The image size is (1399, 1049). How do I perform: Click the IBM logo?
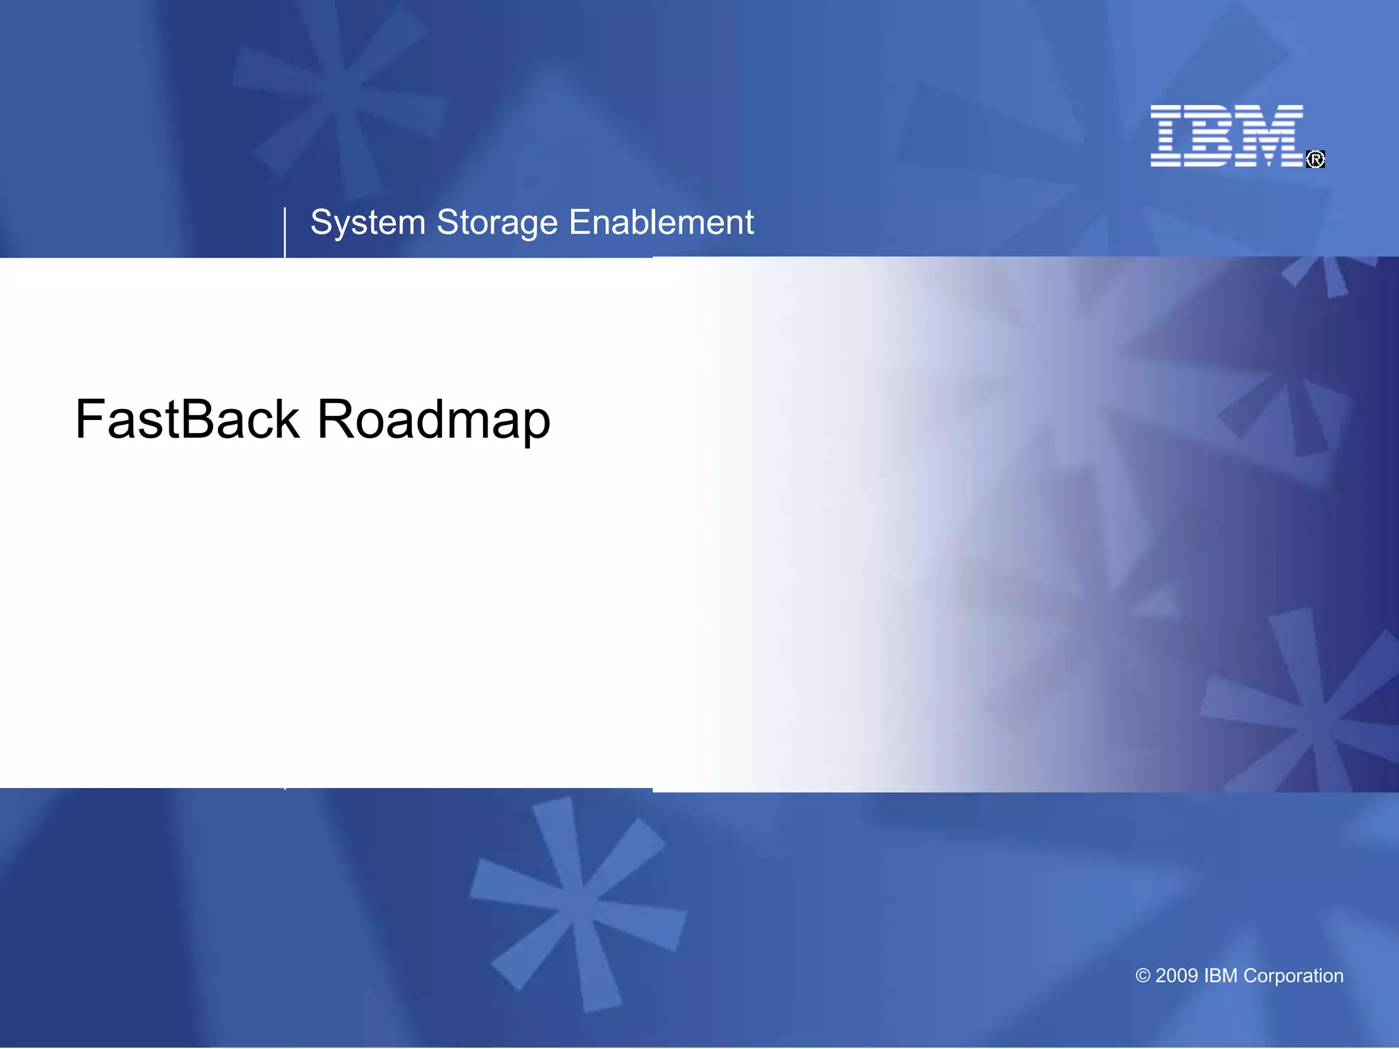pyautogui.click(x=1227, y=135)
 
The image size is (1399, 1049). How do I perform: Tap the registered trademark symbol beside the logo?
pyautogui.click(x=1316, y=159)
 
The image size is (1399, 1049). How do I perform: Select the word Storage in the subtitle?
pyautogui.click(x=497, y=223)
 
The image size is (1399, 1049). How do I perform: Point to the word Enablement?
pyautogui.click(x=661, y=223)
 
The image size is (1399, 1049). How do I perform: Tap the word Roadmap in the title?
pyautogui.click(x=434, y=419)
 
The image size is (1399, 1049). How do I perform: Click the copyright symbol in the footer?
pyautogui.click(x=1143, y=976)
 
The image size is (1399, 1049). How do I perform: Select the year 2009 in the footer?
pyautogui.click(x=1176, y=976)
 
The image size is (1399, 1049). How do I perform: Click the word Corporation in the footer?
pyautogui.click(x=1293, y=976)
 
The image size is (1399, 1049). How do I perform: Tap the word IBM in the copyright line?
pyautogui.click(x=1220, y=976)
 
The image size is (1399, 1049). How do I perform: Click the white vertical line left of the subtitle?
pyautogui.click(x=285, y=232)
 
